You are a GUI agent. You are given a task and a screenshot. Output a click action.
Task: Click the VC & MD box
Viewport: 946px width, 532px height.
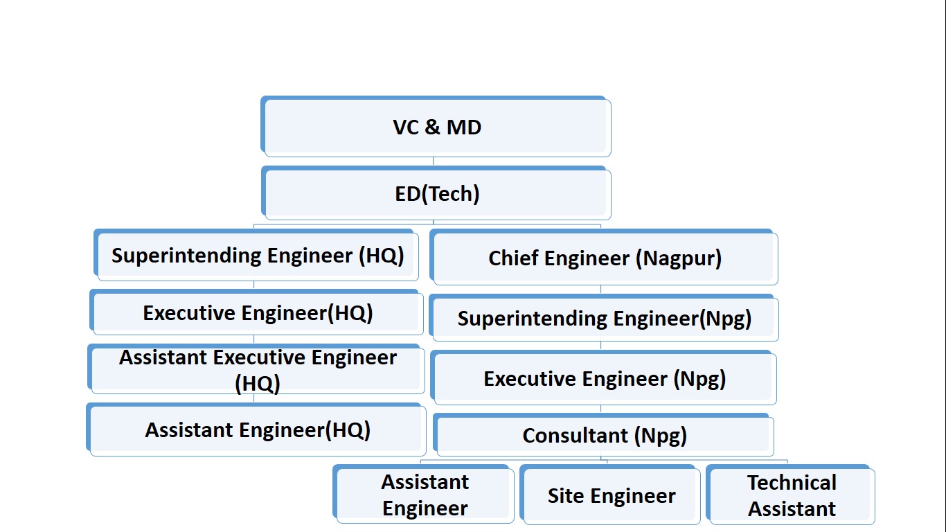coord(436,127)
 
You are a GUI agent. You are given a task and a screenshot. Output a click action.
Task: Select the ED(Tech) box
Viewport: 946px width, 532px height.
coord(436,193)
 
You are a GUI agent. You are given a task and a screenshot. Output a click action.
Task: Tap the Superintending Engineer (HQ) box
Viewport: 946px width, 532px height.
coord(257,256)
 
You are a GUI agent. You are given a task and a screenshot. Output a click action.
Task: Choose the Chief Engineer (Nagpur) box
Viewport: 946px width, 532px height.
coord(604,258)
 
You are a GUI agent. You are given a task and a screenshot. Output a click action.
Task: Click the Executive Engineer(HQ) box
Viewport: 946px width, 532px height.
coord(257,313)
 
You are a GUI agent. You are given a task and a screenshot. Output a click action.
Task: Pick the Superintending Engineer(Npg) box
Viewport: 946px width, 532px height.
coord(604,319)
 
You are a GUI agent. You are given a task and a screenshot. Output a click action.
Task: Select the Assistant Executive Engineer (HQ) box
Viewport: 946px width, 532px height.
coord(257,370)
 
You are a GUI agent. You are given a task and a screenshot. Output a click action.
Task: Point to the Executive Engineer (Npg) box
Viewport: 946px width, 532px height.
coord(604,379)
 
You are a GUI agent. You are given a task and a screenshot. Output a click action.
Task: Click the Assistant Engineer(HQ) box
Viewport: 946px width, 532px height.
coord(257,430)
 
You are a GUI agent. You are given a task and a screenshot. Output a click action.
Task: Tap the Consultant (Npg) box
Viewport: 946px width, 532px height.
coord(604,436)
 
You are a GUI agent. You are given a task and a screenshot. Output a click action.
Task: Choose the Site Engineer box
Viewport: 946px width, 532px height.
coord(611,496)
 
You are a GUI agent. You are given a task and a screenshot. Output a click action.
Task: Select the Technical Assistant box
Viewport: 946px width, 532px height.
coord(791,496)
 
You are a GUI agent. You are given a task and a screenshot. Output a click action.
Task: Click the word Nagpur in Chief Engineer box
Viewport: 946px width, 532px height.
coord(681,258)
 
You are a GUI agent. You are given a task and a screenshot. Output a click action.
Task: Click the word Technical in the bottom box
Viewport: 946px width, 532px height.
coord(792,483)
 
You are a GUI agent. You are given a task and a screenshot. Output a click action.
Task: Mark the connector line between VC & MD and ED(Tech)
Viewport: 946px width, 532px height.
coord(434,161)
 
